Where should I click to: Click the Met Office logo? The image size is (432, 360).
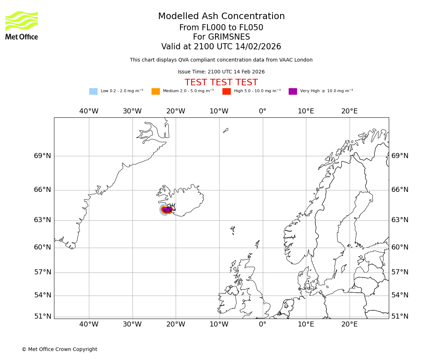(22, 25)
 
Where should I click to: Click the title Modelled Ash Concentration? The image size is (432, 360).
(221, 16)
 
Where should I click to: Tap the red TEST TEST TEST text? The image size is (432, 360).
(221, 82)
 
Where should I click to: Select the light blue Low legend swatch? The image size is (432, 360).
(93, 91)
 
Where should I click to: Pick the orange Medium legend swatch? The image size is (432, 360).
(156, 91)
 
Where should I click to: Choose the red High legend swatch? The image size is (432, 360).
(226, 91)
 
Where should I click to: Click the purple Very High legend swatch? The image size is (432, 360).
(293, 91)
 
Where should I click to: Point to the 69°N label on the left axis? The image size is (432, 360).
(42, 156)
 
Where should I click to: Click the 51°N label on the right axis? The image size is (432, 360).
(400, 316)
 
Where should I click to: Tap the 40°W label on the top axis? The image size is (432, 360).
(89, 111)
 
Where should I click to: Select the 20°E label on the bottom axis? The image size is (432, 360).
(350, 324)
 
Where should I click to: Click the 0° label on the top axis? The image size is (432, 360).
(262, 111)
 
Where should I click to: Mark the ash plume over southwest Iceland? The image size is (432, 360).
(166, 210)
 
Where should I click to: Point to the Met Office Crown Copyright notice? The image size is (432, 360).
(59, 349)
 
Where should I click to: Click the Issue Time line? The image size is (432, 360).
(221, 72)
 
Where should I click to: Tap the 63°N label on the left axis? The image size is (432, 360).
(42, 220)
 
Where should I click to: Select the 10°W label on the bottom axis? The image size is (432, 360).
(219, 324)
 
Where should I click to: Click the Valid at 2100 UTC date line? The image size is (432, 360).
(221, 46)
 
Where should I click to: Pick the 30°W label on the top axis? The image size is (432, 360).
(132, 111)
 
